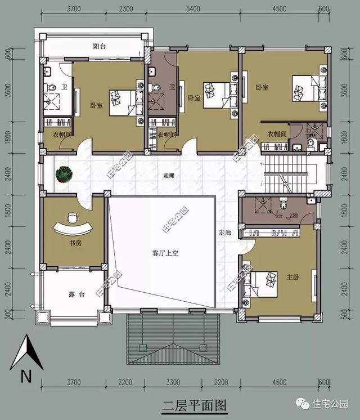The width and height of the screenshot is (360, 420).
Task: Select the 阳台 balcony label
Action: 99,47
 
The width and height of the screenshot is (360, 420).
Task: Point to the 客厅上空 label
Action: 165,253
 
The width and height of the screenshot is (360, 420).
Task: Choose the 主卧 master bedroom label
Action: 292,277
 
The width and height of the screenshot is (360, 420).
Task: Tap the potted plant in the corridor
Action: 64,175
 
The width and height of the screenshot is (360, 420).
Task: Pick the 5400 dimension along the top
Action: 193,8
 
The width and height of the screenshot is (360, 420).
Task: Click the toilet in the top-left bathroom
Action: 50,88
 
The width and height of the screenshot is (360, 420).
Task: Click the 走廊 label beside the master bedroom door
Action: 225,232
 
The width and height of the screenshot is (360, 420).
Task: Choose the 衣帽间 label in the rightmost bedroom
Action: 277,133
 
